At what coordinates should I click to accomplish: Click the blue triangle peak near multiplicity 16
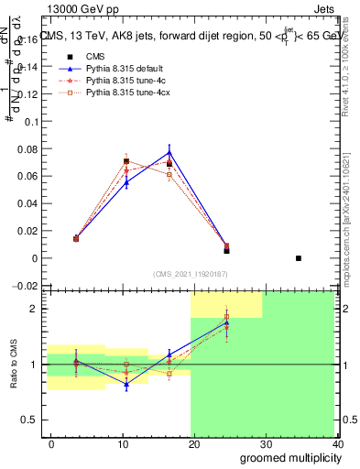click(x=169, y=152)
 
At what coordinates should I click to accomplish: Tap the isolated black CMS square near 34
click(x=299, y=258)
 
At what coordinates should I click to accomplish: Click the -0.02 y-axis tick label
click(x=26, y=286)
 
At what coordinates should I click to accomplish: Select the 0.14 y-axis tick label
click(x=28, y=67)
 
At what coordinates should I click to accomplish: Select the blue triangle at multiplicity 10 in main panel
click(x=126, y=183)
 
